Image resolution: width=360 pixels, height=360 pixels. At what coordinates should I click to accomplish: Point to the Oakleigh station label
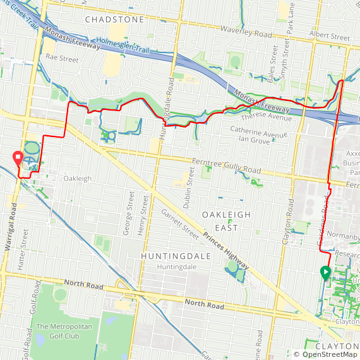tap(77, 179)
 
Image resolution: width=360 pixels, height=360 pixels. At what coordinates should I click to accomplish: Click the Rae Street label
tap(62, 59)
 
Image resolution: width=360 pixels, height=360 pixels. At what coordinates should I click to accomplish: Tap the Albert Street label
tap(330, 38)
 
